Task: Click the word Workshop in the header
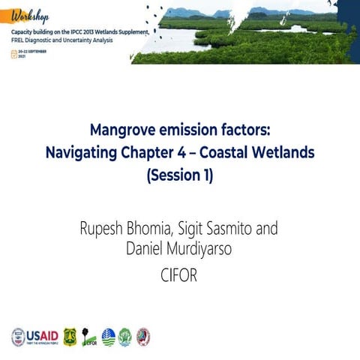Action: click(x=30, y=16)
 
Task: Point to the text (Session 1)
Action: click(x=180, y=176)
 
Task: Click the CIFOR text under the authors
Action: click(x=179, y=275)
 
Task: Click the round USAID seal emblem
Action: click(x=18, y=337)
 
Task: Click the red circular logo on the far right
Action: click(x=142, y=337)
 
